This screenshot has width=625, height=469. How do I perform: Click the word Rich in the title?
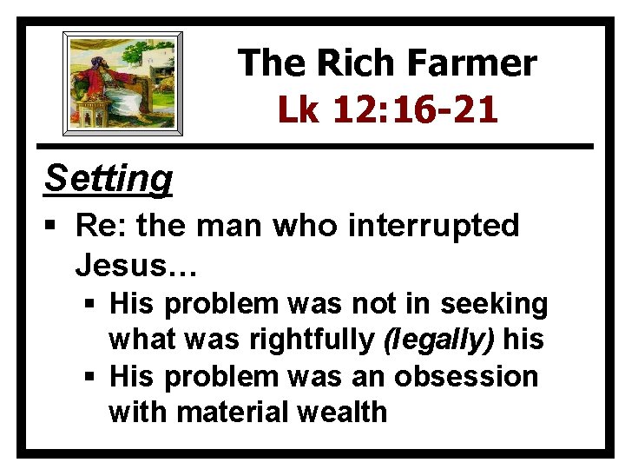pyautogui.click(x=352, y=63)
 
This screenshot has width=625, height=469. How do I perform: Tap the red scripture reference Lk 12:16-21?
pyautogui.click(x=387, y=110)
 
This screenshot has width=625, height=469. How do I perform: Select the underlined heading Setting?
pyautogui.click(x=108, y=178)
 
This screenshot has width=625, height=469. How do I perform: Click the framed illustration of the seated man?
pyautogui.click(x=122, y=83)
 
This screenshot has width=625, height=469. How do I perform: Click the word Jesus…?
pyautogui.click(x=136, y=263)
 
